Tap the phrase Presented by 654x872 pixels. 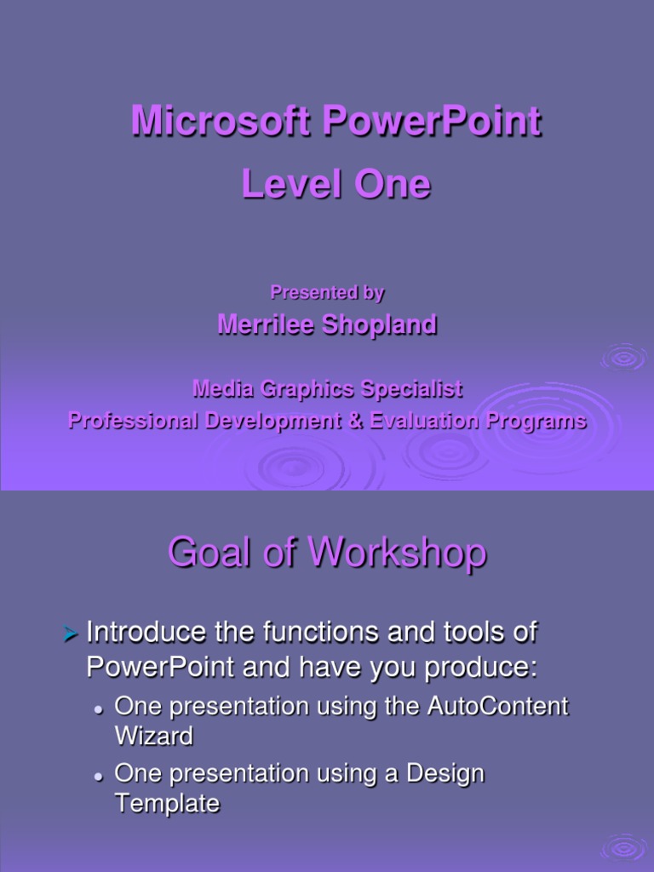click(327, 293)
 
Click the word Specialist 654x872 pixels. click(410, 390)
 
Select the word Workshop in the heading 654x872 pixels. click(398, 553)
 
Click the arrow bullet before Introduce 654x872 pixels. click(72, 634)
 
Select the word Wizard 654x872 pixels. click(153, 736)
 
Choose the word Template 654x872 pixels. click(167, 803)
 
